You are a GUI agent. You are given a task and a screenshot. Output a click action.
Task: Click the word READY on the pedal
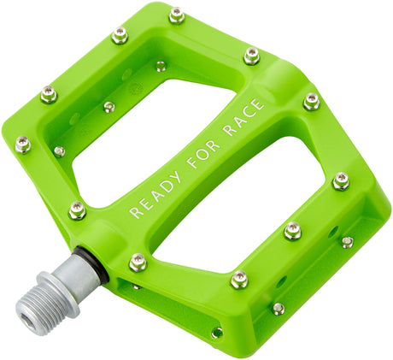tap(155, 196)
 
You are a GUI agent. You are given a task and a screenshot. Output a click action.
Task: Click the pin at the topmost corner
tap(177, 15)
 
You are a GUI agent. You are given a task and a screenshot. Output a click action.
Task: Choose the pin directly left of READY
tap(77, 210)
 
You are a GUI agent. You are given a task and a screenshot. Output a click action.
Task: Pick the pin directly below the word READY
tap(138, 262)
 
